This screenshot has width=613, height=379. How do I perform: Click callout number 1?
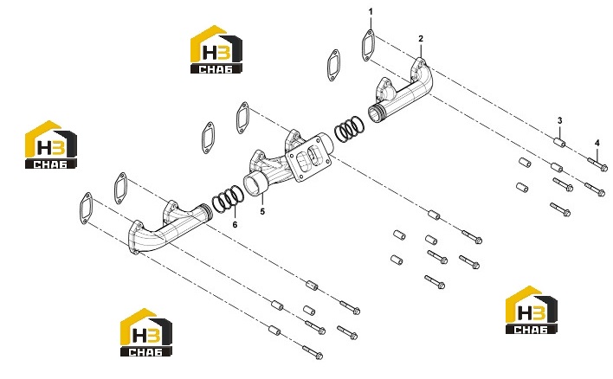(x=371, y=12)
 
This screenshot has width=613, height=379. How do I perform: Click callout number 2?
(x=421, y=39)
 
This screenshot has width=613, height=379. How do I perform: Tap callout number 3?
(x=560, y=121)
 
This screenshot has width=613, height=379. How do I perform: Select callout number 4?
(x=597, y=144)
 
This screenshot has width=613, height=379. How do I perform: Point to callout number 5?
(x=262, y=211)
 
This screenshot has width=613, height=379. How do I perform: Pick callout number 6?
(x=235, y=225)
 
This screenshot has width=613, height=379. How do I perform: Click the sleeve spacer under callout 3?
(x=559, y=143)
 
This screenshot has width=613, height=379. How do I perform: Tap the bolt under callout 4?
(x=597, y=164)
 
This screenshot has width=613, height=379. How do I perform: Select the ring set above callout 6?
(x=228, y=199)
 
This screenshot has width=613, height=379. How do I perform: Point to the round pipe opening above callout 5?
(x=254, y=185)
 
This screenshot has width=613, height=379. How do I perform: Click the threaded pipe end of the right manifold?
(x=376, y=112)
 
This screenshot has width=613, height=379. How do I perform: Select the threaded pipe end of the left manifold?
(x=206, y=213)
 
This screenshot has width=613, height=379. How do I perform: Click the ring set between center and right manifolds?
(x=349, y=129)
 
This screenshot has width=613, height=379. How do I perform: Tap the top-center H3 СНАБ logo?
(x=216, y=49)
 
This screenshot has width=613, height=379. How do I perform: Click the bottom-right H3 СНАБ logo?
(x=531, y=310)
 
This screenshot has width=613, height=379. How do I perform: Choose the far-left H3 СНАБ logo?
(x=51, y=145)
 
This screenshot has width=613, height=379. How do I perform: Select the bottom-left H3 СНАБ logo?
(x=145, y=332)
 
